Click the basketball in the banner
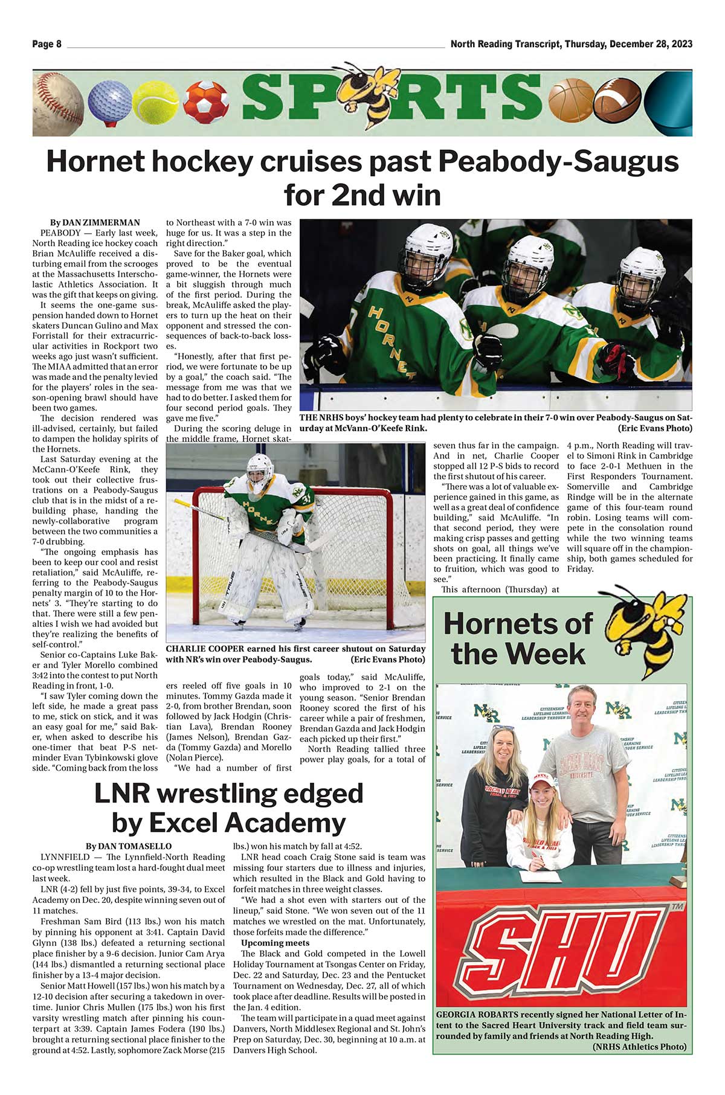[570, 100]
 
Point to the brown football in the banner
[617, 100]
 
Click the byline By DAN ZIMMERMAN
[95, 223]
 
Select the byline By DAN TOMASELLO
[129, 846]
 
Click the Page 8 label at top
[47, 44]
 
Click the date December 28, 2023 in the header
[651, 44]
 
